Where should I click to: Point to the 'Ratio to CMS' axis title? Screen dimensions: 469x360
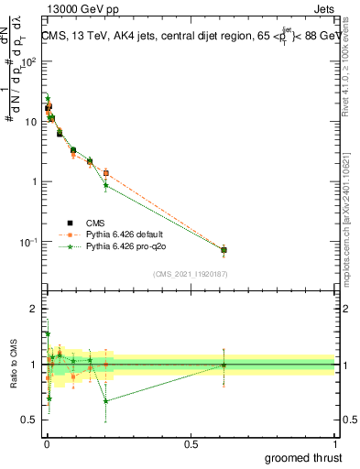(12, 365)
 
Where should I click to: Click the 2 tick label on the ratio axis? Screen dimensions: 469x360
(35, 309)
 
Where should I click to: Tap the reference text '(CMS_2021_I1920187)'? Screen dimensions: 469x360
(190, 274)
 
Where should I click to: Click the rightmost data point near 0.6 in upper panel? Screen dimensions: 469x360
(224, 249)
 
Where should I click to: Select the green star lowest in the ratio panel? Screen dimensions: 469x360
(106, 401)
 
